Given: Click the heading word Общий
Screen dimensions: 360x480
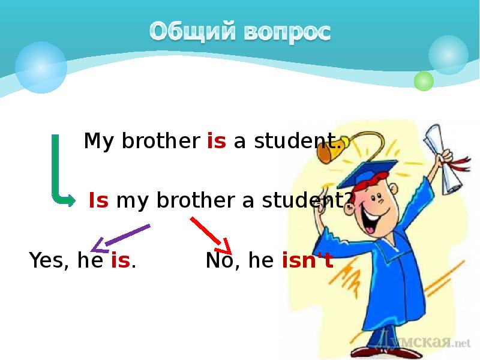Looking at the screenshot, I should tap(191, 31).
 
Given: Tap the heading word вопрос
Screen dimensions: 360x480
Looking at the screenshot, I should tap(287, 31).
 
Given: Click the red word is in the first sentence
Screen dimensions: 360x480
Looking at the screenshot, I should tap(216, 142).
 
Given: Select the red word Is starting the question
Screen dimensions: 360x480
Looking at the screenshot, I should tap(98, 200).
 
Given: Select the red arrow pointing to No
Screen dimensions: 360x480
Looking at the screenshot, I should tap(211, 235).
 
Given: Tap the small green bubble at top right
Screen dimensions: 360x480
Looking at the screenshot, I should tap(424, 80).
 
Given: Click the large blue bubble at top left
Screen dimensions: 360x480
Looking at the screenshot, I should tap(41, 67).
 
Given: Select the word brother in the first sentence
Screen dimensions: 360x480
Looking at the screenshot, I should tap(161, 142).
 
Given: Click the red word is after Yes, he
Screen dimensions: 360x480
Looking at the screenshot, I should tap(121, 261).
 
